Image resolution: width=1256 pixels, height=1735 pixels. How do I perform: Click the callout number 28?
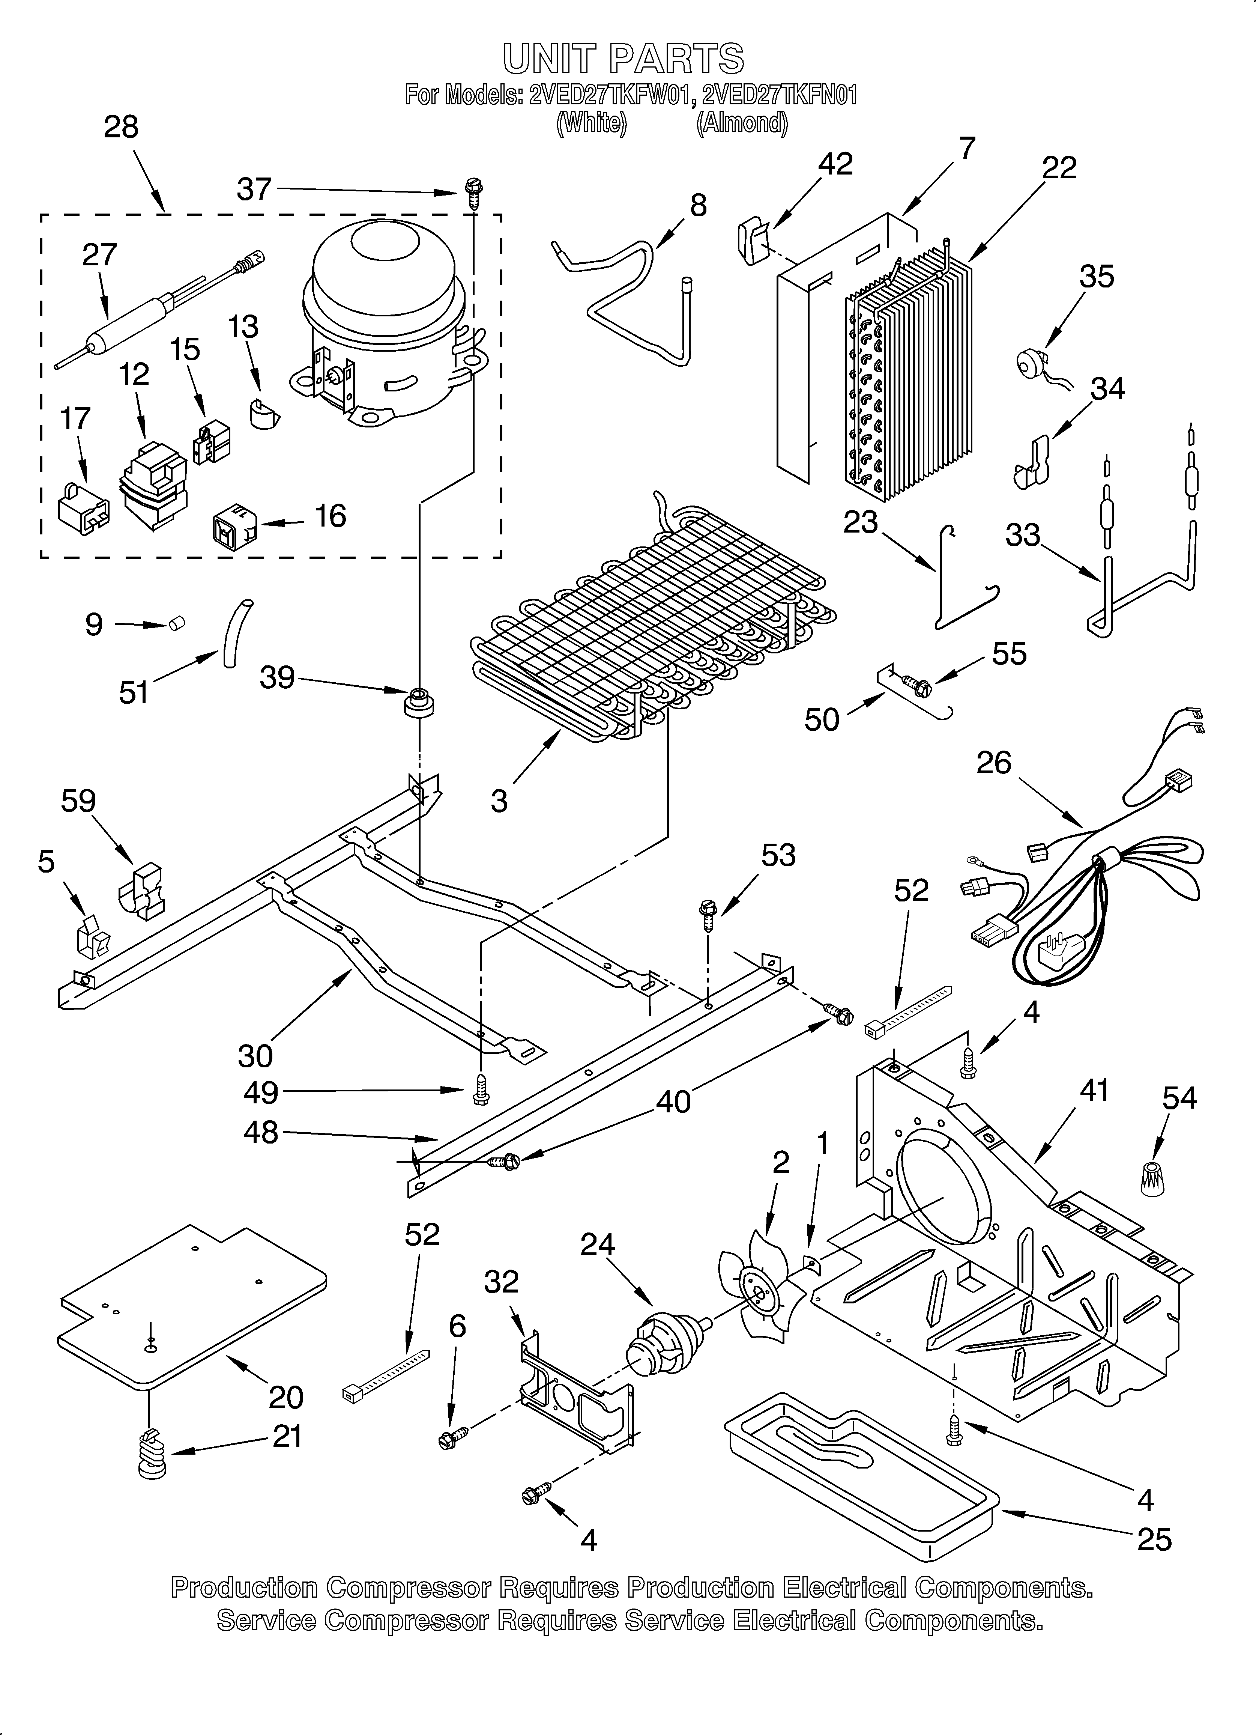(121, 127)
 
